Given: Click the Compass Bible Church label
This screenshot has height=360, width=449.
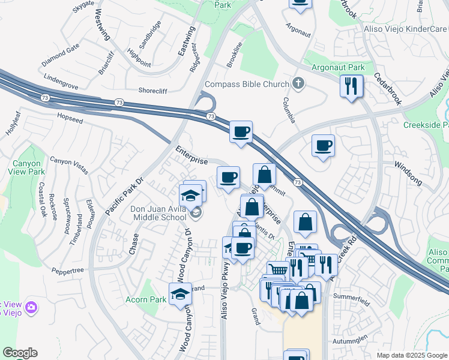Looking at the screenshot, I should point(248,85).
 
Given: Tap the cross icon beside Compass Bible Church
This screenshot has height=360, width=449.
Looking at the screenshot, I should point(298,84).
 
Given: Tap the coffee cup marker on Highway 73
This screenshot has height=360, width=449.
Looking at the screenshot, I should point(241,132).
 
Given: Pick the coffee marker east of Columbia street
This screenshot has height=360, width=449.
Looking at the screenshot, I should point(323,146).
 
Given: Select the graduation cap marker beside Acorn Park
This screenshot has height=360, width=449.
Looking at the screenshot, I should point(180,294).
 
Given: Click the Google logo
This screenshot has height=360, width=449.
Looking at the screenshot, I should point(20,353).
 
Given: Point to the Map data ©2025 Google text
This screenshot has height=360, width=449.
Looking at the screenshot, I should point(411,355).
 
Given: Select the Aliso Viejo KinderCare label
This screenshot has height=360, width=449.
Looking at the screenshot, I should point(406,28).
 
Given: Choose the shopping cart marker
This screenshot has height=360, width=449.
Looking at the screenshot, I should point(277,270).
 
